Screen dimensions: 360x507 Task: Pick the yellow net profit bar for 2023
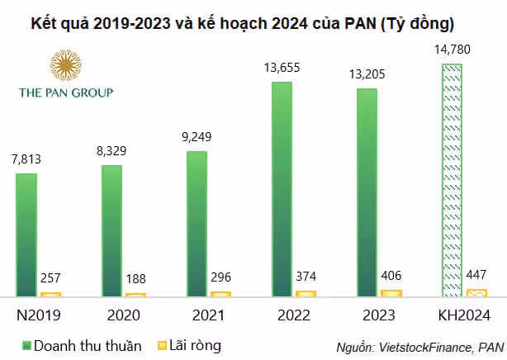point(391,292)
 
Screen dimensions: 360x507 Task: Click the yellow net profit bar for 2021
point(220,293)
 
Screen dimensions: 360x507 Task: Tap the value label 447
point(476,275)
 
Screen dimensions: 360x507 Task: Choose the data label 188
point(136,279)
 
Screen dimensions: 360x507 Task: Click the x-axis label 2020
point(124,315)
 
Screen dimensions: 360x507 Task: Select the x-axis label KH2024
point(462,315)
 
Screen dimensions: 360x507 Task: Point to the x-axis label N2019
point(39,315)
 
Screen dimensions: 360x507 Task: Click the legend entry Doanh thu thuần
point(79,344)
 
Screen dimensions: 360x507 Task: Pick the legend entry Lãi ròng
point(192,344)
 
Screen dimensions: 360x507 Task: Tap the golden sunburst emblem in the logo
point(65,65)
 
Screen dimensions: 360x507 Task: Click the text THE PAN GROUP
point(65,92)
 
